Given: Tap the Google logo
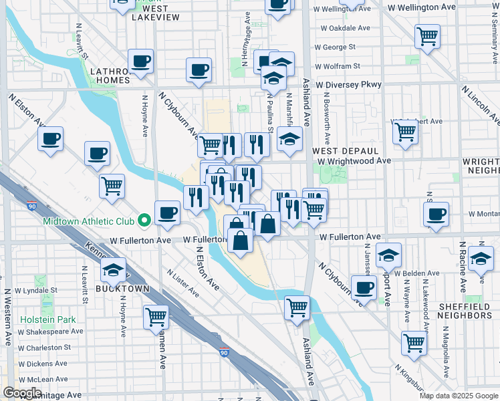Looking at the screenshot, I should [23, 393].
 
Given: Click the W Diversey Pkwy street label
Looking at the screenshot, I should [349, 85].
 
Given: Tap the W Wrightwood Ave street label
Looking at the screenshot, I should [354, 161].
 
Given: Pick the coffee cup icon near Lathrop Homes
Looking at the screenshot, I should [140, 61].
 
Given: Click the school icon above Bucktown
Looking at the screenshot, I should [114, 270].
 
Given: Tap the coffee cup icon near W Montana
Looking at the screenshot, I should [436, 214].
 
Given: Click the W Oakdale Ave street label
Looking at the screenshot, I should [345, 29].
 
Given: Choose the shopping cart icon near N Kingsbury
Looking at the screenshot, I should [414, 342].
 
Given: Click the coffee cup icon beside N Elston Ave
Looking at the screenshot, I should [51, 140].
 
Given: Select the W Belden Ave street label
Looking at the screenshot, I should [417, 273].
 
